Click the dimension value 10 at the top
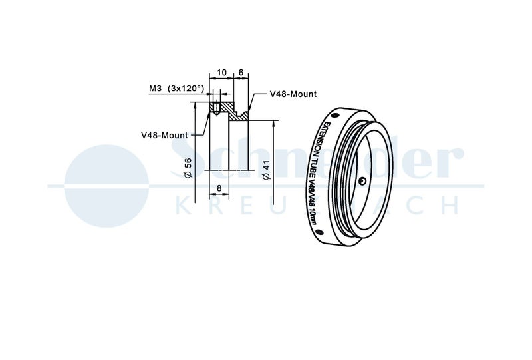221,73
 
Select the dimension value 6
241,73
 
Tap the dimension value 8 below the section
219,188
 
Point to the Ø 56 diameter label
188,168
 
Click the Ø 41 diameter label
267,170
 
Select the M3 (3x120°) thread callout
177,89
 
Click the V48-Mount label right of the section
293,94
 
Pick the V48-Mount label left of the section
164,135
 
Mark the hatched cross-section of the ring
229,111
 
